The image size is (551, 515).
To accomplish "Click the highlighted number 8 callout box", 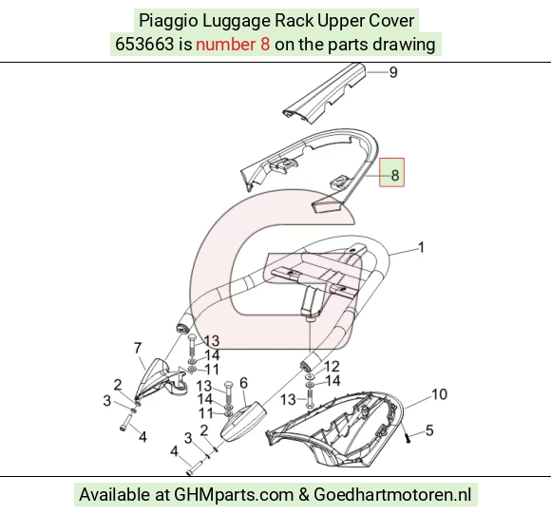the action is tap(391, 172).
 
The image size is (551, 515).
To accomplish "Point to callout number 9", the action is tap(393, 72).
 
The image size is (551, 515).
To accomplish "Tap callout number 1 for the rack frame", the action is tap(421, 247).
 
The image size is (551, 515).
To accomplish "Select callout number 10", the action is tap(439, 394).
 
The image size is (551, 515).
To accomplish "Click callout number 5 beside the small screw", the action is tap(429, 430).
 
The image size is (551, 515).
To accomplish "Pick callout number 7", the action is tap(138, 348).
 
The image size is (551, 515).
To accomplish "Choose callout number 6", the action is tap(243, 383).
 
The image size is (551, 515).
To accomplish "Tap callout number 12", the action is tap(332, 367).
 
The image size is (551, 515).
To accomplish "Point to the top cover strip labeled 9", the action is tap(324, 92).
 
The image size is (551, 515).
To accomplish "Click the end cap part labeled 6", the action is tap(242, 421).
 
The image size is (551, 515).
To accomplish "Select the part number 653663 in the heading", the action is tap(144, 45).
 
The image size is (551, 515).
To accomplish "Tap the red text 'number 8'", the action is tap(233, 45).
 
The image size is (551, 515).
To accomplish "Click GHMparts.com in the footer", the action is tap(234, 495).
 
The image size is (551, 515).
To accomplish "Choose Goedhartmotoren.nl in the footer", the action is tap(392, 495).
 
